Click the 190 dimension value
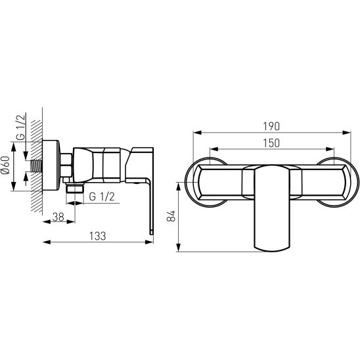point(271,127)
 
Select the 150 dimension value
point(271,143)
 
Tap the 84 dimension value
point(171,216)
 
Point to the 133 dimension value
point(98,236)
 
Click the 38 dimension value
point(58,217)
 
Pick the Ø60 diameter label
point(5,165)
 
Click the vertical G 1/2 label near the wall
point(20,127)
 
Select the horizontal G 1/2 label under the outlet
point(102,197)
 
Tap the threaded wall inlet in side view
point(37,166)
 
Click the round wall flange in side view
point(51,166)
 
